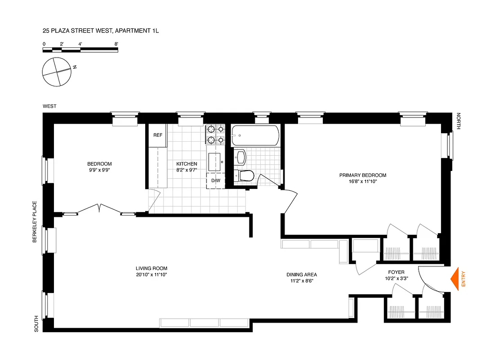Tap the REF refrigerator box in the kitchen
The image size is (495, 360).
point(157,135)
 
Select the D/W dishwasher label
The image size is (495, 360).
point(216,180)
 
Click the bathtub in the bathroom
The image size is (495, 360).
point(255,135)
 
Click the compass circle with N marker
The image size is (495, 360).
point(56,72)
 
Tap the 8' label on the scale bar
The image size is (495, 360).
point(116,44)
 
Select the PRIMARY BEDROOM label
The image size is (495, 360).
point(363,175)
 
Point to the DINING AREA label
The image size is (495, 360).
point(302,274)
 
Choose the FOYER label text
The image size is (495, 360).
point(396,272)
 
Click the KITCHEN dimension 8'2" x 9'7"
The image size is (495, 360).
point(186,170)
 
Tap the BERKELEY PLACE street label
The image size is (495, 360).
point(34,222)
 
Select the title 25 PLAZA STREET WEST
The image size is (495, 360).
point(99,31)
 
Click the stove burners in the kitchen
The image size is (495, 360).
point(215,135)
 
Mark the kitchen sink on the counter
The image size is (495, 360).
point(214,160)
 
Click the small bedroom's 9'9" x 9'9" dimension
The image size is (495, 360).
point(99,170)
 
